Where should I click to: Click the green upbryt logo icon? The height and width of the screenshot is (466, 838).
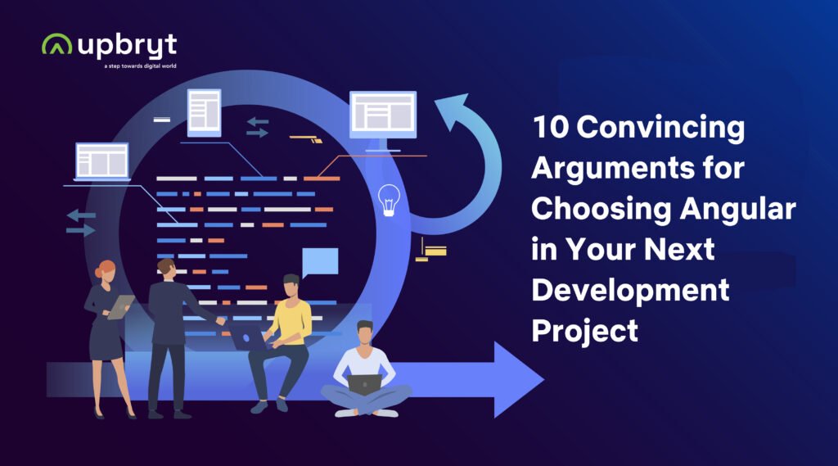(x=56, y=44)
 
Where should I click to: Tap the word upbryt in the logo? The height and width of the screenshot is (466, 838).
(x=127, y=46)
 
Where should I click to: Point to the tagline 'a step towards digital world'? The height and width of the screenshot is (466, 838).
(x=140, y=66)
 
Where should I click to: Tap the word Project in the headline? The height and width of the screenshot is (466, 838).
(x=584, y=331)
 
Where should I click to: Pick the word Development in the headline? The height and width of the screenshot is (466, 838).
(x=631, y=291)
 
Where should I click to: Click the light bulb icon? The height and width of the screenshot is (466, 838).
(x=389, y=200)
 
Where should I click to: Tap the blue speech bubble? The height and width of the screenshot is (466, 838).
(x=320, y=262)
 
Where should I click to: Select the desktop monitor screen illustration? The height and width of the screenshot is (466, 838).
(x=383, y=115)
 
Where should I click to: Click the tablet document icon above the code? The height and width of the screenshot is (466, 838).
(x=204, y=112)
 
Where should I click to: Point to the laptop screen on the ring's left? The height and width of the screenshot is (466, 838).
(x=102, y=161)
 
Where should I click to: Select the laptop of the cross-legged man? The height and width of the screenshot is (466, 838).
(x=364, y=384)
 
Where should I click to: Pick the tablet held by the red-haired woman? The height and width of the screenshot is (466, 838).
(x=120, y=307)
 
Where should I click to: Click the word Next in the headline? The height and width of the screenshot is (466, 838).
(x=678, y=250)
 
